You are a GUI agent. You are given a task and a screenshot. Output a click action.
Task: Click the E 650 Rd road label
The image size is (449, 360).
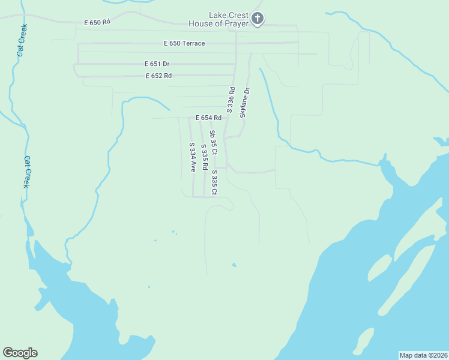(97, 22)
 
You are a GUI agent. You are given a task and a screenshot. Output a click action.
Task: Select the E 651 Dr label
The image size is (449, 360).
(157, 64)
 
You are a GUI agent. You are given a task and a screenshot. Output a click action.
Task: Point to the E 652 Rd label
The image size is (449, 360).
(158, 76)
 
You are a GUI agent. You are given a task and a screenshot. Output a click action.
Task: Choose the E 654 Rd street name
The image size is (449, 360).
(208, 118)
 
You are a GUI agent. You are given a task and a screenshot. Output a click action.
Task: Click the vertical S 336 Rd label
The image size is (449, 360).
(230, 99)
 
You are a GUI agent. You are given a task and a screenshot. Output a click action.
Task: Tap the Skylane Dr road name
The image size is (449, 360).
(245, 103)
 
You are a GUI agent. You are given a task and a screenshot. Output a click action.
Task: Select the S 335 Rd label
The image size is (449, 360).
(204, 155)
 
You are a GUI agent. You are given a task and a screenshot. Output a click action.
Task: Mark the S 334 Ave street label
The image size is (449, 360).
(193, 157)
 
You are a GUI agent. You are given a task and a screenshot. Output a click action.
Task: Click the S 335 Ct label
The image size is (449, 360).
(214, 182)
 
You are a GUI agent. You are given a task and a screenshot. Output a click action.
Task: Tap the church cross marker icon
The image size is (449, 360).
(258, 19)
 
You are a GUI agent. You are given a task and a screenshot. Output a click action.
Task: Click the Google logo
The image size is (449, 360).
(20, 353)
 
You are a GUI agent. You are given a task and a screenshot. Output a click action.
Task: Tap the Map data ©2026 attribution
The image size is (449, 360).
(423, 355)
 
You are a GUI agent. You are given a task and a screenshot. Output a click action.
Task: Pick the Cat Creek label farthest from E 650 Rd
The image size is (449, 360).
(27, 172)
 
